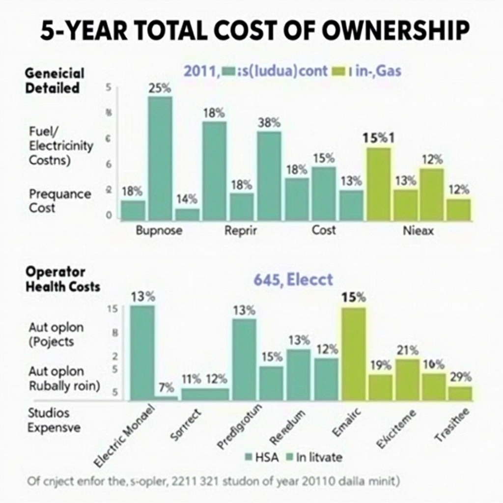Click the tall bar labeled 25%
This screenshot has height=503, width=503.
coord(160,157)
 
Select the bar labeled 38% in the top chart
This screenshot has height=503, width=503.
coord(269,175)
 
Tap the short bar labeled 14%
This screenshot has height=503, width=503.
coord(187,214)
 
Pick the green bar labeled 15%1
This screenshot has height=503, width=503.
coord(379,183)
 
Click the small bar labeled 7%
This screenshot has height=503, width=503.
coord(167,398)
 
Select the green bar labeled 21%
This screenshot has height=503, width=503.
coord(407,379)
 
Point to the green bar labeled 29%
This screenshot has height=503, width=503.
coord(460,393)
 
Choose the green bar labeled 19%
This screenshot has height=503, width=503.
coord(381,387)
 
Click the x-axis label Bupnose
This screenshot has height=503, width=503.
coord(159,230)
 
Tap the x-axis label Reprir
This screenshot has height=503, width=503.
coord(240,230)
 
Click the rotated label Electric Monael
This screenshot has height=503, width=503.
coord(124,434)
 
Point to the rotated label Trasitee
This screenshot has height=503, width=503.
coord(452,425)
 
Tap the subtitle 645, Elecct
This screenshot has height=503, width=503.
coord(293,280)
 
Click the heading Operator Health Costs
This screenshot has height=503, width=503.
coord(62,279)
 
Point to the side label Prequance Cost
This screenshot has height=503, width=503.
coord(60,200)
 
